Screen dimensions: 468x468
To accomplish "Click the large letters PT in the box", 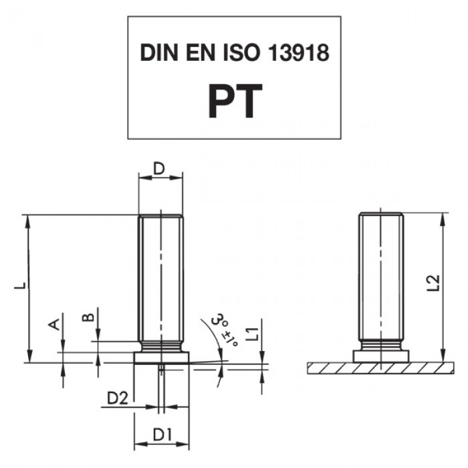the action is click(235, 101).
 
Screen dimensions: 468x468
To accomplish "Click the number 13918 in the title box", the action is click(299, 53).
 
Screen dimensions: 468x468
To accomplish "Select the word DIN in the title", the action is click(159, 53).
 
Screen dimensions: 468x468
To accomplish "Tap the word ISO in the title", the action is click(241, 53).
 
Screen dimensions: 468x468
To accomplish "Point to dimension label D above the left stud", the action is click(159, 168).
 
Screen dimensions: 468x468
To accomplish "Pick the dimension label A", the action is click(54, 324).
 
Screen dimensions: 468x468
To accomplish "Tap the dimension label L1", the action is click(253, 334).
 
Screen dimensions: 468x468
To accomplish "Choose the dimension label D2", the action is click(117, 398).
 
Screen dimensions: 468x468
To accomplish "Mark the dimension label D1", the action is click(162, 435).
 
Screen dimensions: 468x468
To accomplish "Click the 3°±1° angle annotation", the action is click(225, 328).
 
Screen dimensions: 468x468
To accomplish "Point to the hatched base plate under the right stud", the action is click(381, 368).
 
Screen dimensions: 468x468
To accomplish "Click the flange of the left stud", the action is click(162, 358).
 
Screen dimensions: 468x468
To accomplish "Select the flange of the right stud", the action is click(381, 356).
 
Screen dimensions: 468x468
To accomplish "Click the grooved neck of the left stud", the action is click(161, 347).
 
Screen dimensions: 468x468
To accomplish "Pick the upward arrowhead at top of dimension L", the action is click(28, 220).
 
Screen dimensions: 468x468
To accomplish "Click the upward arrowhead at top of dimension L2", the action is click(443, 219).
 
